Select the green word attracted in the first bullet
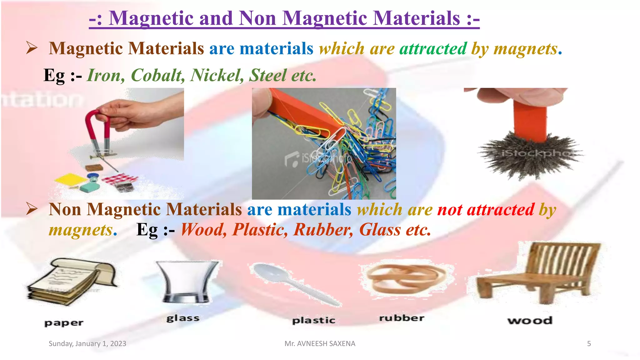pyautogui.click(x=433, y=49)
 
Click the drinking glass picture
pyautogui.click(x=187, y=281)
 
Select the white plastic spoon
pyautogui.click(x=294, y=283)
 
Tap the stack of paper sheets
pyautogui.click(x=72, y=281)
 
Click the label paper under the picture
pyautogui.click(x=64, y=323)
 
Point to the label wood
pyautogui.click(x=530, y=320)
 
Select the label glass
pyautogui.click(x=183, y=318)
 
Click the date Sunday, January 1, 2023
pyautogui.click(x=87, y=344)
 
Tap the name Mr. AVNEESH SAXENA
pyautogui.click(x=320, y=344)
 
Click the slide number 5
pyautogui.click(x=589, y=344)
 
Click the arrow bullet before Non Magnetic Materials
pyautogui.click(x=32, y=209)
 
